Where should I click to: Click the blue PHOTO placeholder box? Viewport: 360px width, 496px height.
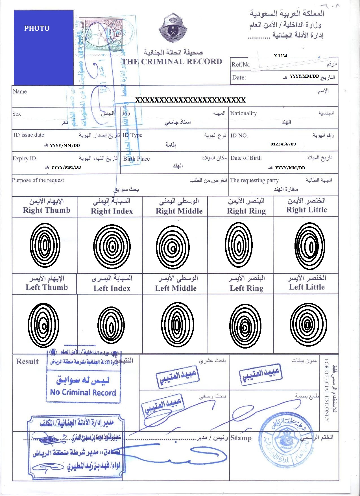[43, 47]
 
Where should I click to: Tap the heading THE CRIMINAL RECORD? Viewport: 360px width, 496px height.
[172, 62]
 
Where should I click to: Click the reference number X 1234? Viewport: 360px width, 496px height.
[280, 56]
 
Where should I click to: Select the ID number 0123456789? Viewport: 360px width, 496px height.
[283, 144]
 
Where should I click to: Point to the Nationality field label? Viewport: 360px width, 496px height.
[243, 114]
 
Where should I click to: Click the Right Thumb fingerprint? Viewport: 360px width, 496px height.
[45, 245]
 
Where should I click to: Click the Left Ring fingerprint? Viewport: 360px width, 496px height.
[245, 326]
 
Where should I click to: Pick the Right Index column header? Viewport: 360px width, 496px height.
[112, 211]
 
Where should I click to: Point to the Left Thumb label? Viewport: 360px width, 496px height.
[47, 287]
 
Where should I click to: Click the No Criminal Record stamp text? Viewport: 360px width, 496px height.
[83, 392]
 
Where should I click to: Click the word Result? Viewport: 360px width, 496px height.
[27, 362]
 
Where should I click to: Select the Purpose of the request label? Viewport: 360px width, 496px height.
[38, 180]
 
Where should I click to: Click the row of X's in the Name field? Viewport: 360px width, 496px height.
[190, 100]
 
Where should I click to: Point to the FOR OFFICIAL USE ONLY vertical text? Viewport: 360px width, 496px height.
[326, 390]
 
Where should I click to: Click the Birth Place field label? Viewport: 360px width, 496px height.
[136, 159]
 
